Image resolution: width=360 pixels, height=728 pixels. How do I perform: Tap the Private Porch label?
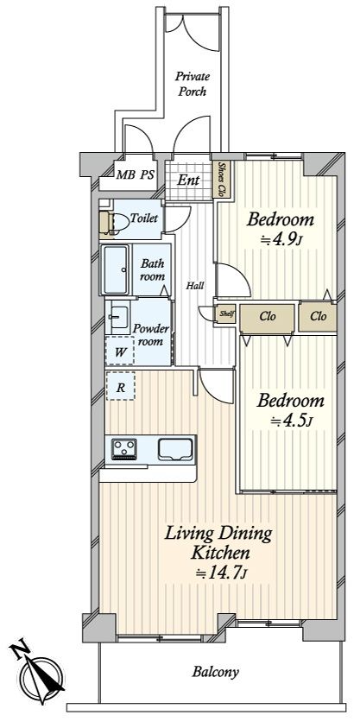(193, 84)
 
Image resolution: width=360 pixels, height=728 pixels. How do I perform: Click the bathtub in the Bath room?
(115, 269)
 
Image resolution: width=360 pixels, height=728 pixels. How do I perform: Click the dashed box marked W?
(120, 351)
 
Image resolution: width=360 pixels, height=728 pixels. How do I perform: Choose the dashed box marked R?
(121, 386)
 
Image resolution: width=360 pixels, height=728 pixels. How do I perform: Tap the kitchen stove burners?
(123, 449)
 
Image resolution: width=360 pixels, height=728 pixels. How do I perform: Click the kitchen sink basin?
(175, 449)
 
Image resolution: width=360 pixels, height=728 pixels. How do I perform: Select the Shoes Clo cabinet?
(221, 180)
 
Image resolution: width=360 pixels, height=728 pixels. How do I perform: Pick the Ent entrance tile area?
(189, 180)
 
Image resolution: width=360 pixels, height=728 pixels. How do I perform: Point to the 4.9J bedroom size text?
(281, 240)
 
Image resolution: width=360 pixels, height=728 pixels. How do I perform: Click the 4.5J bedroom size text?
(290, 421)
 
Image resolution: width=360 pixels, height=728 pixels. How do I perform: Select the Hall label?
(195, 286)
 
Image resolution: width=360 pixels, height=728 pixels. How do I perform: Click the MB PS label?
(135, 175)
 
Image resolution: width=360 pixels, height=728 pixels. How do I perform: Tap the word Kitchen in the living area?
(221, 553)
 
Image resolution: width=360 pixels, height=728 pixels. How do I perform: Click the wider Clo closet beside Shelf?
(268, 318)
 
